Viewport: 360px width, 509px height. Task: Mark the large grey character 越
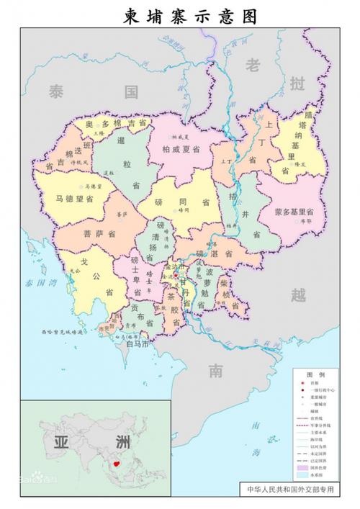point(298,294)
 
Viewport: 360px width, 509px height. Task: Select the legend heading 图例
point(315,375)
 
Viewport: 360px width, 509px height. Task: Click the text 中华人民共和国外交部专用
point(290,489)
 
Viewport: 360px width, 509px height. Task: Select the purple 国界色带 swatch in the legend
point(302,467)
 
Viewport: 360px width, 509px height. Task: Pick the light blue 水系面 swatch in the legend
point(302,475)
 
